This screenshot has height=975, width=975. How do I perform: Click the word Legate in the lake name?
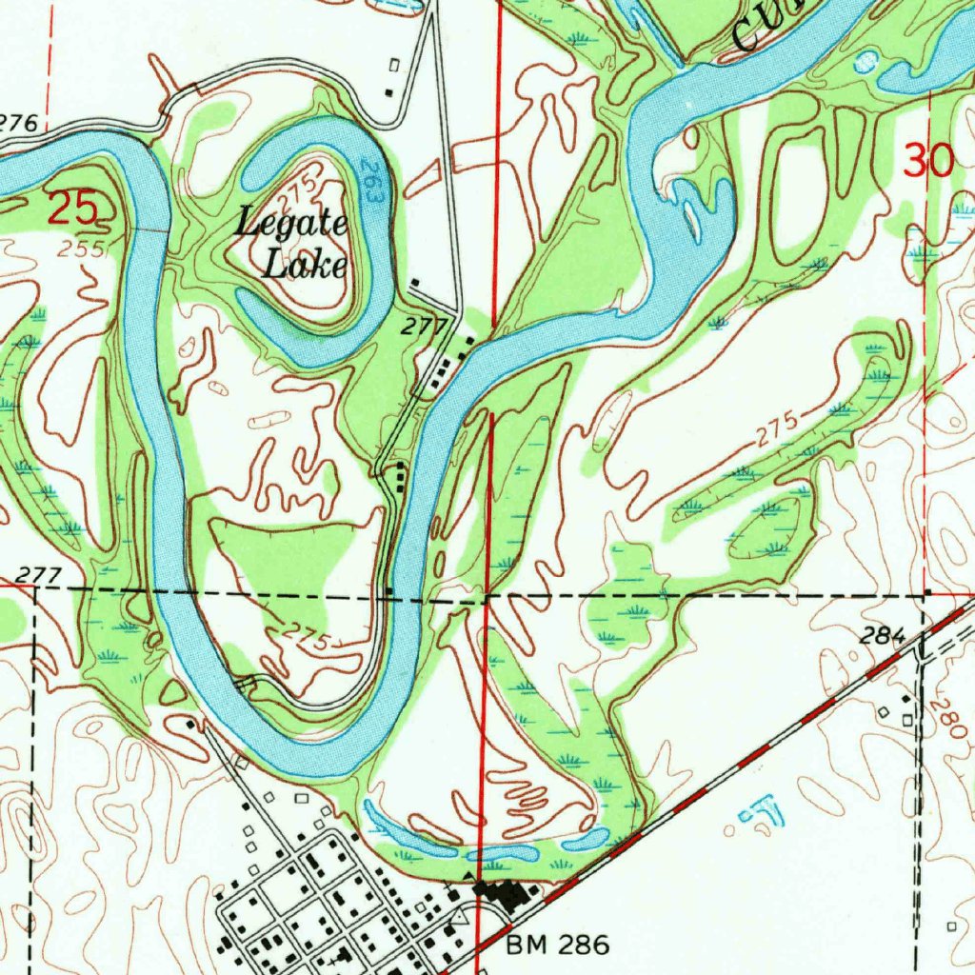point(291,226)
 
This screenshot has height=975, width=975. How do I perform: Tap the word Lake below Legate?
point(305,265)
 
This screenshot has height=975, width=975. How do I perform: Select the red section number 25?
point(72,208)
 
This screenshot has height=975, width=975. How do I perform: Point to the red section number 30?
point(928,162)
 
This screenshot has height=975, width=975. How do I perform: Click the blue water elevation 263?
point(372,181)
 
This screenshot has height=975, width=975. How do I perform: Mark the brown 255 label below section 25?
point(79,249)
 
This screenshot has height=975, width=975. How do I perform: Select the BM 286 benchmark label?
point(557,945)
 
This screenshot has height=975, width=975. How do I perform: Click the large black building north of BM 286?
point(503,895)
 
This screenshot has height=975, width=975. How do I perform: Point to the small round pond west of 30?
point(866,62)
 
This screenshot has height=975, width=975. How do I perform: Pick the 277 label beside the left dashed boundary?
point(39,575)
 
